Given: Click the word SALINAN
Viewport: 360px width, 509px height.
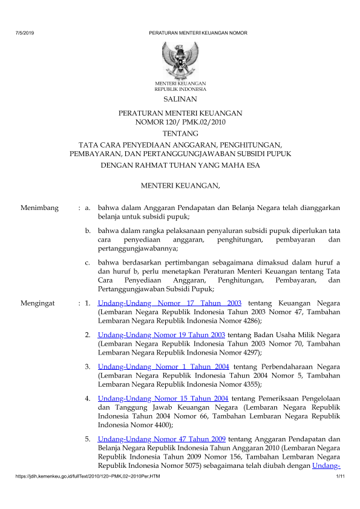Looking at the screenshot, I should [x=180, y=99].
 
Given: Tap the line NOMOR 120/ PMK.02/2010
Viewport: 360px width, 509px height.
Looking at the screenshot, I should [x=180, y=122].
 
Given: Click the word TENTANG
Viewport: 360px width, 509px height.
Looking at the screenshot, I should [x=180, y=133].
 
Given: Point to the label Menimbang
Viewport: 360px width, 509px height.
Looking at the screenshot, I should [x=39, y=208].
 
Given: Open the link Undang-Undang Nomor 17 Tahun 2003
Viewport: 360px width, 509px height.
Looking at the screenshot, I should [x=169, y=303].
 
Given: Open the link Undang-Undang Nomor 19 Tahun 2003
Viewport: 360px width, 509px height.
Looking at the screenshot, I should [x=162, y=335].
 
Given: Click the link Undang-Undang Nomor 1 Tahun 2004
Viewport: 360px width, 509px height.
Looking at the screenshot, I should [x=163, y=367].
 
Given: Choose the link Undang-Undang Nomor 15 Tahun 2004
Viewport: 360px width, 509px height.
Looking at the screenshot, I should [x=163, y=399].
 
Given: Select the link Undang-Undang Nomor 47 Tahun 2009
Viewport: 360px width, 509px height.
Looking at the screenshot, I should [x=162, y=438].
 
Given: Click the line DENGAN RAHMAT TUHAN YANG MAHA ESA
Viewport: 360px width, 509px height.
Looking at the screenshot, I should [x=180, y=164].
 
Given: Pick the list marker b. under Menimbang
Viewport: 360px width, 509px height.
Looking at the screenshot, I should [x=88, y=231].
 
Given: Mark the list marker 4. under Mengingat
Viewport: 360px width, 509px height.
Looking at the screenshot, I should [x=88, y=399].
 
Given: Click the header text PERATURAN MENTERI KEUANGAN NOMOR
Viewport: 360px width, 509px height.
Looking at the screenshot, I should [x=198, y=32].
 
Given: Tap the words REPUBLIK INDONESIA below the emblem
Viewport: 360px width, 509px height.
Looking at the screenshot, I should [x=180, y=88].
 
